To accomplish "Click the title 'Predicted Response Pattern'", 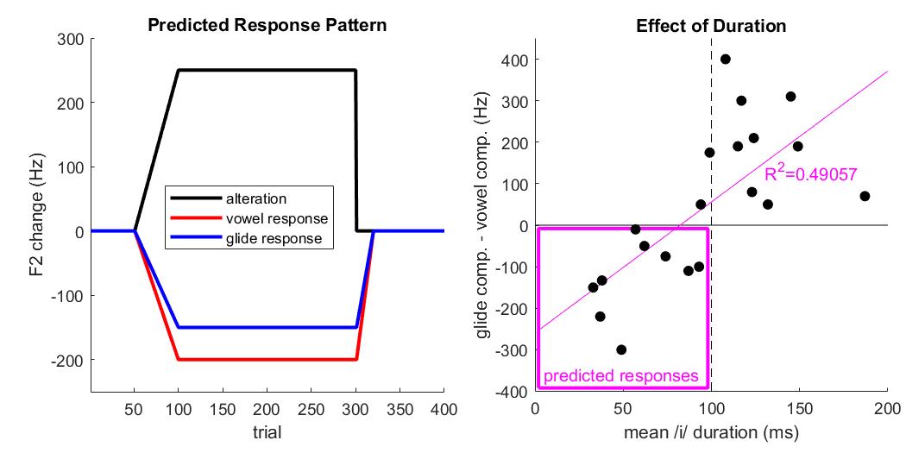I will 267,25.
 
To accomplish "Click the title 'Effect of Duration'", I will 711,25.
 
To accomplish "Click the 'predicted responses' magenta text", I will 620,376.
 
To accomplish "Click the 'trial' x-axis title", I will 267,430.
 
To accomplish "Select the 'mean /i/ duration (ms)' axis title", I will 711,430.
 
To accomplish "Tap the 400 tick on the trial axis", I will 444,408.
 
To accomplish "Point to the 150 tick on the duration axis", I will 799,408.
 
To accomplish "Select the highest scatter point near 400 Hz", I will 726,59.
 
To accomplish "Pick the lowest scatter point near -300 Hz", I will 621,349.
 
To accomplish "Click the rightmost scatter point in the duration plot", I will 865,196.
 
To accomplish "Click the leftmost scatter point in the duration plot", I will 593,287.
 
